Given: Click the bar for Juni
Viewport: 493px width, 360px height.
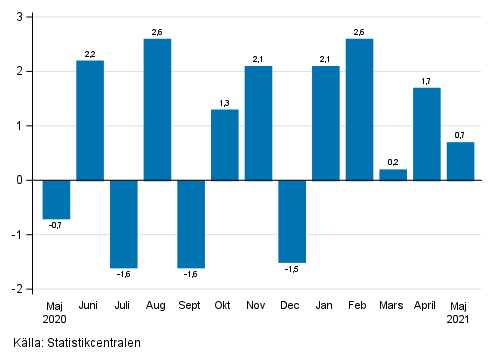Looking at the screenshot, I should coord(90,120).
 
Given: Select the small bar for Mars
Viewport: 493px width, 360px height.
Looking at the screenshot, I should coord(393,175).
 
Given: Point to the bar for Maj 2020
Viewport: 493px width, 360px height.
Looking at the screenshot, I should coord(56,199).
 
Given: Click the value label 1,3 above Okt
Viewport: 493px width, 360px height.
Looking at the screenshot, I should coord(225,101).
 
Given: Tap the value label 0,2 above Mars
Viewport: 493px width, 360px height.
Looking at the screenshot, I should coord(393,161).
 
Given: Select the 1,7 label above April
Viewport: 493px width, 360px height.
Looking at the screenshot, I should coord(427,79).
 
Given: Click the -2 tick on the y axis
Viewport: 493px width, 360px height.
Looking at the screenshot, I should coord(20,289).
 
